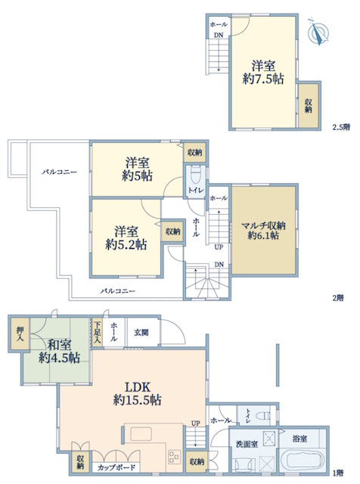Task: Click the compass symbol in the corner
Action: (318, 31)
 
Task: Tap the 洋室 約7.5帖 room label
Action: (263, 73)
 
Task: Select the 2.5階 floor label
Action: (341, 127)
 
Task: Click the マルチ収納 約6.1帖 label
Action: (263, 231)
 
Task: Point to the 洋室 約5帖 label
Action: (137, 169)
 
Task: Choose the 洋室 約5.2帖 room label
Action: (126, 237)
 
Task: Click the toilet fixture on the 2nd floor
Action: (196, 175)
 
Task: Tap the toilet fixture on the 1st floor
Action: (262, 415)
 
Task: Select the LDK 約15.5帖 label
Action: (137, 393)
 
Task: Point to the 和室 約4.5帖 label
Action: (59, 351)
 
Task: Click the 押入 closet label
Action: (20, 334)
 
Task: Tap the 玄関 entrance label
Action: (141, 333)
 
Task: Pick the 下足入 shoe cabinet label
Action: (98, 333)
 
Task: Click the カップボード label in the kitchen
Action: (116, 467)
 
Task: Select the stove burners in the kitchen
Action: (174, 457)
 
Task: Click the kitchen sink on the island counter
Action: (141, 434)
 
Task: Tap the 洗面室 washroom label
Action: (247, 445)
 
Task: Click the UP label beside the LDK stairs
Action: (195, 423)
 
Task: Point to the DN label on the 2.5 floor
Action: (219, 36)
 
